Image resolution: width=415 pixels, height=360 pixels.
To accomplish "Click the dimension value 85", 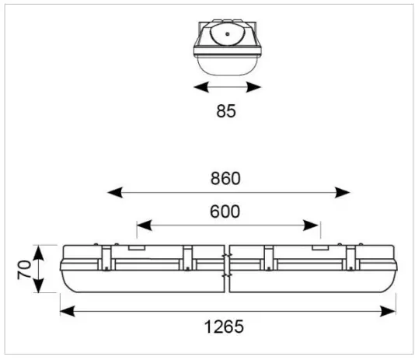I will pos(225,111).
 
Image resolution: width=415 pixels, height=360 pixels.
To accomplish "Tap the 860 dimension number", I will pos(225,178).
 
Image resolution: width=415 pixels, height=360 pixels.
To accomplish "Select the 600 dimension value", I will pos(225,211).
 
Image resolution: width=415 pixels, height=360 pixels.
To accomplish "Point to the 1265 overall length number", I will pos(225,327).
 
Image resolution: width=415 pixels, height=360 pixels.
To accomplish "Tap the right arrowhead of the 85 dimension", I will pos(256,88).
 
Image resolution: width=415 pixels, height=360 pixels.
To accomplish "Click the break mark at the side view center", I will pos(227,266).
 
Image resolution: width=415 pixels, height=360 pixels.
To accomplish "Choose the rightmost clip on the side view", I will pos(351,257).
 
